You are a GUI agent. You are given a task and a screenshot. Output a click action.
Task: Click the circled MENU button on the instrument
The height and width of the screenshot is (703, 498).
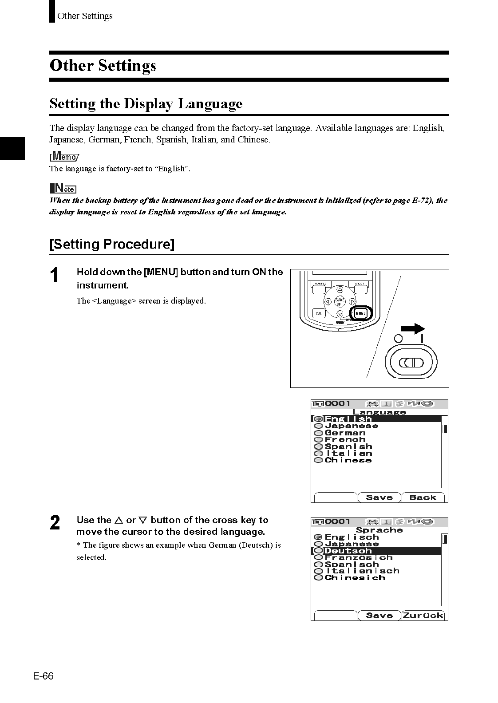360,313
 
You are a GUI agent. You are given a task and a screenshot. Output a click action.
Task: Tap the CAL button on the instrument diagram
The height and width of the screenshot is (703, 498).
319,313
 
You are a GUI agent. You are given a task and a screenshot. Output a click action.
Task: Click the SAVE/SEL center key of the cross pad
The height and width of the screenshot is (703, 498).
340,302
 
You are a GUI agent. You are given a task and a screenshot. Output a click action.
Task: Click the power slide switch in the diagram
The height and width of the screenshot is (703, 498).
411,363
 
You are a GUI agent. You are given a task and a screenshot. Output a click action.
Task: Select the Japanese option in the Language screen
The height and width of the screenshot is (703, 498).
351,426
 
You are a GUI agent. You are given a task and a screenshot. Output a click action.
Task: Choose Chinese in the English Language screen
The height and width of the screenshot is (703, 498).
348,460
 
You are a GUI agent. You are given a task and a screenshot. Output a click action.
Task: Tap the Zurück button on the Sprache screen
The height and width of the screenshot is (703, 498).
423,615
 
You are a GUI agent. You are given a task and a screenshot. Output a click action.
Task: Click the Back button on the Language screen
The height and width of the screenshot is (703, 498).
423,498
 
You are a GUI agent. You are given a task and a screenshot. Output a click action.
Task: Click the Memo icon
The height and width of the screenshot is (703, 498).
64,156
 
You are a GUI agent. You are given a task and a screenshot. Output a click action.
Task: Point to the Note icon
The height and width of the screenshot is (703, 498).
63,188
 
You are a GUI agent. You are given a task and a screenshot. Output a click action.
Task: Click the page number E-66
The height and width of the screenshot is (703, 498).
43,676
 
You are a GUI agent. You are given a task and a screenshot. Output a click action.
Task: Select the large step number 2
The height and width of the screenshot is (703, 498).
55,523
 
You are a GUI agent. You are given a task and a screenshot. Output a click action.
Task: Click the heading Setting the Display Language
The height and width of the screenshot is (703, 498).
146,104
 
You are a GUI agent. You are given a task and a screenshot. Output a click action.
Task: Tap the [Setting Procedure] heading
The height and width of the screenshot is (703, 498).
112,245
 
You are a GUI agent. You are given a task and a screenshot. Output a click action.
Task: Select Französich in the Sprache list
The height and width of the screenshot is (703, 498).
359,557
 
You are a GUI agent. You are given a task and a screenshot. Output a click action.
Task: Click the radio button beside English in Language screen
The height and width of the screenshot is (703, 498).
318,419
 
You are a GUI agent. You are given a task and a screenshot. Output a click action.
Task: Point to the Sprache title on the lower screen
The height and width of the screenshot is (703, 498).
379,530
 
